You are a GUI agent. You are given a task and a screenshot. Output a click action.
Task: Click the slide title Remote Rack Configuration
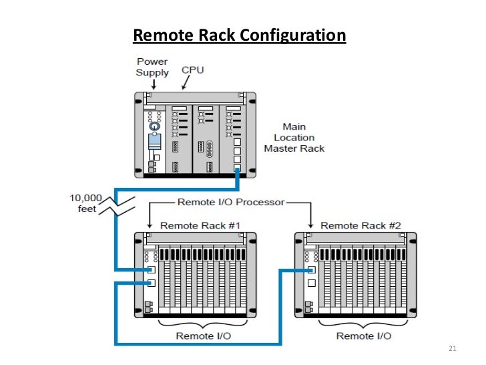tap(240, 35)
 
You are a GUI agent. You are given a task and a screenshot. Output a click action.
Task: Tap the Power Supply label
tap(152, 67)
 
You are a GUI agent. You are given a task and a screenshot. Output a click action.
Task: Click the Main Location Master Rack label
tap(294, 137)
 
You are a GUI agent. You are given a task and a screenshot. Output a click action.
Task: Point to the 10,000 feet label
tap(85, 203)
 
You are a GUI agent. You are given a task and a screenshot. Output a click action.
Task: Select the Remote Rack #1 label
tap(200, 225)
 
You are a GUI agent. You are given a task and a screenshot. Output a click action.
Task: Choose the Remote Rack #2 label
tap(360, 225)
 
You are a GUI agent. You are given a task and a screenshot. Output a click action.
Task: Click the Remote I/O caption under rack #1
tap(203, 335)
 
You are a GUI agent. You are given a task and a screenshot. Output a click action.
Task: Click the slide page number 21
tap(452, 349)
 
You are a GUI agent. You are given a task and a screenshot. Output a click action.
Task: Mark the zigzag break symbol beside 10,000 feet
tap(119, 203)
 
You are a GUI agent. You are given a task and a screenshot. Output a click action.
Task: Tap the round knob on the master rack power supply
tap(154, 126)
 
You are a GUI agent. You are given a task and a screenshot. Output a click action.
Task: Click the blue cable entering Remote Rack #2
tap(294, 270)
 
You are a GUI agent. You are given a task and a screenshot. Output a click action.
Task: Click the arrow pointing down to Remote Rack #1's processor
tap(151, 217)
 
